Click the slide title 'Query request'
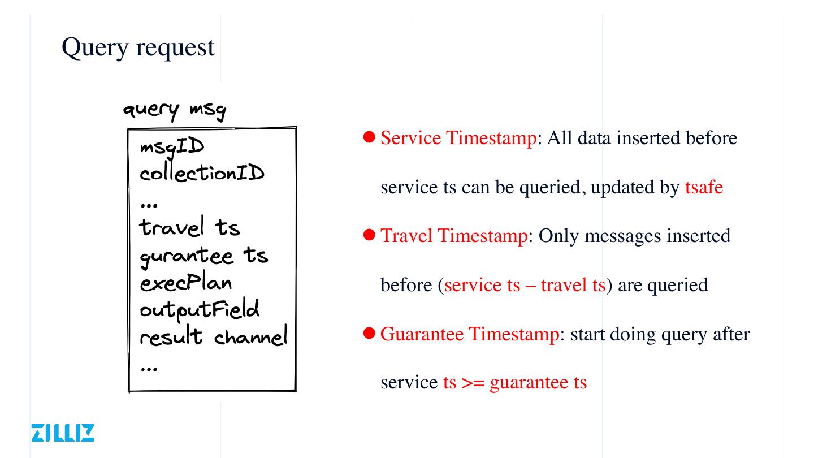tap(138, 47)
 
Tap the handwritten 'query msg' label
tap(175, 110)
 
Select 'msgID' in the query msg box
tap(172, 148)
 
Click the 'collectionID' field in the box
tap(202, 172)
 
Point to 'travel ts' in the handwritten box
tap(190, 227)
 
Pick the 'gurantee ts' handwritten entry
tap(203, 256)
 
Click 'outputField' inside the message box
tap(200, 310)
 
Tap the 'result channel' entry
tap(214, 337)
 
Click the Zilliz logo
tap(63, 433)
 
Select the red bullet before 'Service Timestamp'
tap(369, 137)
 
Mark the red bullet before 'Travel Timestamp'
tap(369, 235)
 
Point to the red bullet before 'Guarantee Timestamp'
tap(369, 333)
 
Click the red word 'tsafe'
tap(704, 187)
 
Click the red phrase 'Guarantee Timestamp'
tap(469, 334)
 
